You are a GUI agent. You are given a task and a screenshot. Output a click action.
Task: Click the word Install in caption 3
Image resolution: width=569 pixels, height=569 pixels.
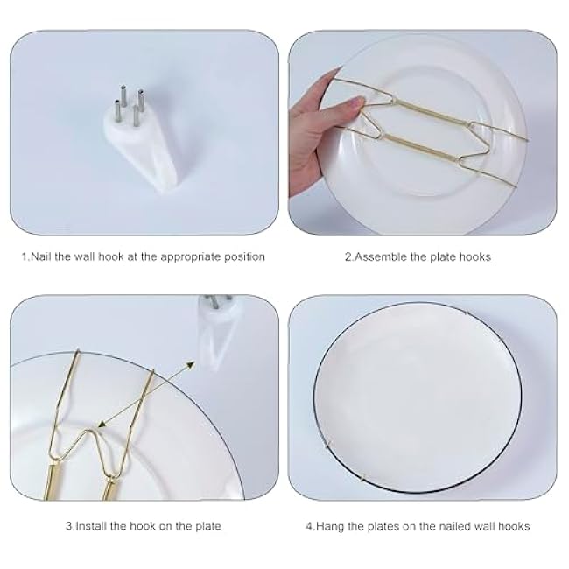[92, 526]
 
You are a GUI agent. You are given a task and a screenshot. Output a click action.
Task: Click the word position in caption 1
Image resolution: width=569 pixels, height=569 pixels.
[244, 257]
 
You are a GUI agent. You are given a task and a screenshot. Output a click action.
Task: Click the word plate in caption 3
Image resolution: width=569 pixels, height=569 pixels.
[205, 526]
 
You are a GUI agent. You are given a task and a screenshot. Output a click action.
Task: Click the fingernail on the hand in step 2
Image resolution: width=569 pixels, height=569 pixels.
[354, 102]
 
